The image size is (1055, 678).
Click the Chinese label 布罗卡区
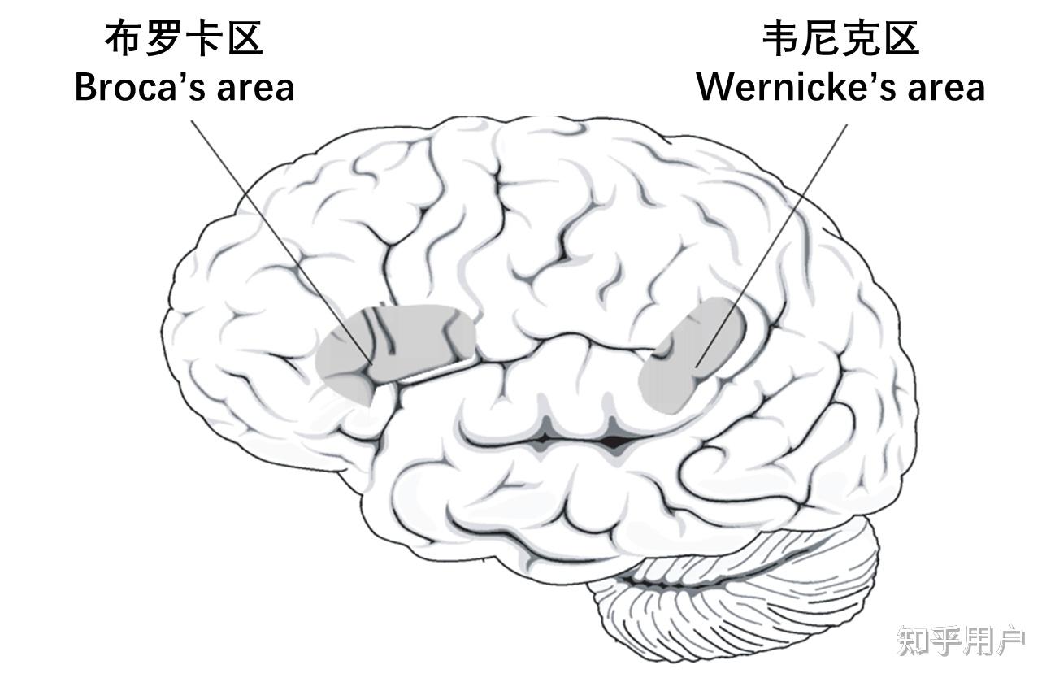[x=184, y=38]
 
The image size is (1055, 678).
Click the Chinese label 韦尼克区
[x=840, y=38]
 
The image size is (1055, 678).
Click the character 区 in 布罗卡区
[x=245, y=38]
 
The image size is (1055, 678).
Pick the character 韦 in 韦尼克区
[x=780, y=38]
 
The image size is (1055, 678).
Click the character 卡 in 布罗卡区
[x=204, y=38]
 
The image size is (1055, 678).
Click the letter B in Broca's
[x=85, y=87]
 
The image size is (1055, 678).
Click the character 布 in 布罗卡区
[x=124, y=38]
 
